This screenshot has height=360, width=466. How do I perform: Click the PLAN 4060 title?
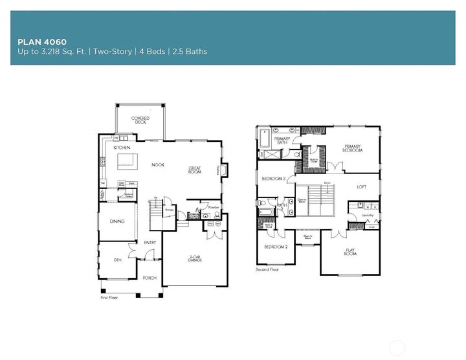(42, 41)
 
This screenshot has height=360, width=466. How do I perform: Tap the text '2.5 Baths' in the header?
(188, 51)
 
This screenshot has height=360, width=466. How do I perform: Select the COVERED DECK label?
(140, 120)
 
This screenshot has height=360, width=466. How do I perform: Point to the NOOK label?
(158, 165)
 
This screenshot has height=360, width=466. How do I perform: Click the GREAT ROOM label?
(195, 170)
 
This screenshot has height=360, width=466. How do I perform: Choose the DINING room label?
(116, 221)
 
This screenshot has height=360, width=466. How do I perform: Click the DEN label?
(117, 260)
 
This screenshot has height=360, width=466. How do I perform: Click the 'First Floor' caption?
(111, 298)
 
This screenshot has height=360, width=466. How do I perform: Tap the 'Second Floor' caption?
(267, 269)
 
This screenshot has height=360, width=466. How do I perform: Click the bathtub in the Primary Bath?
(265, 139)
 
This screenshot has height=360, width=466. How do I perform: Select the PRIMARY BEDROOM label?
(353, 148)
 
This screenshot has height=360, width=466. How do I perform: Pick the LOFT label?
(361, 187)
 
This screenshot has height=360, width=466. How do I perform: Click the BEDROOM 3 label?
(273, 178)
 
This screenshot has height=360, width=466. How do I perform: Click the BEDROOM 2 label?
(276, 247)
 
